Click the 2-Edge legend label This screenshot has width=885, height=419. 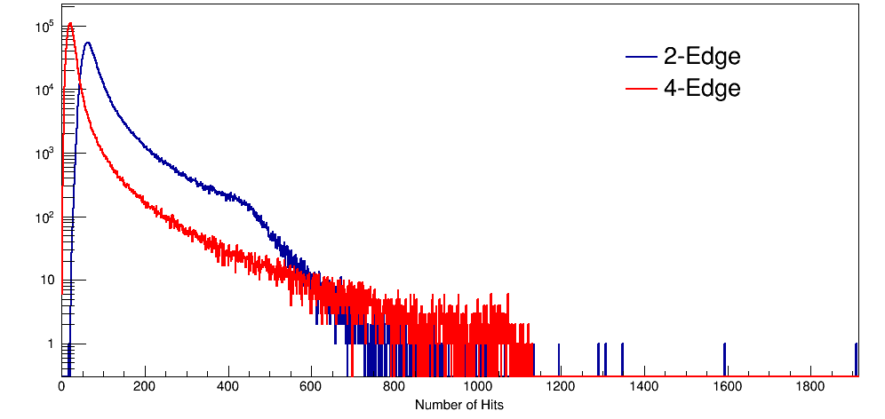[x=702, y=57]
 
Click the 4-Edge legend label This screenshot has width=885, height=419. [x=702, y=88]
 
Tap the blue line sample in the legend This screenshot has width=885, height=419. [x=641, y=58]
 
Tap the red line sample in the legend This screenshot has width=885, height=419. [x=641, y=89]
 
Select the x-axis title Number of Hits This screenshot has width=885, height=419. [x=459, y=404]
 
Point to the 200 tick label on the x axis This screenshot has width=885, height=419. [x=145, y=387]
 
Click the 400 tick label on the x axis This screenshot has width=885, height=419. [x=228, y=387]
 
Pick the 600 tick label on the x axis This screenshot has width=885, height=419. [x=311, y=387]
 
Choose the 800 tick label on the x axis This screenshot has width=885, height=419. [x=395, y=387]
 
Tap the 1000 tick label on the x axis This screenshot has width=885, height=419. [x=477, y=387]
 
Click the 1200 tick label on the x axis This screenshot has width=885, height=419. [x=561, y=387]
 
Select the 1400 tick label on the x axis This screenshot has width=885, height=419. [x=643, y=387]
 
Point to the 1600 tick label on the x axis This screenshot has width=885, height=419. [x=727, y=387]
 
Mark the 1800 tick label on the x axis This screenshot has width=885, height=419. [x=809, y=387]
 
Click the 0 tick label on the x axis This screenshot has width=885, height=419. [x=61, y=387]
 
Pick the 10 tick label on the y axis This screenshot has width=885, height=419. [x=48, y=281]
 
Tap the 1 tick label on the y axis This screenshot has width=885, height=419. [x=52, y=344]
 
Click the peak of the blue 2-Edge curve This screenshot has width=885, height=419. [x=87, y=43]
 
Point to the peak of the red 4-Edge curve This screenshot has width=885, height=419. [x=69, y=24]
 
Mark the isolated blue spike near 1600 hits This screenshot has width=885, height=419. [x=724, y=355]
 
